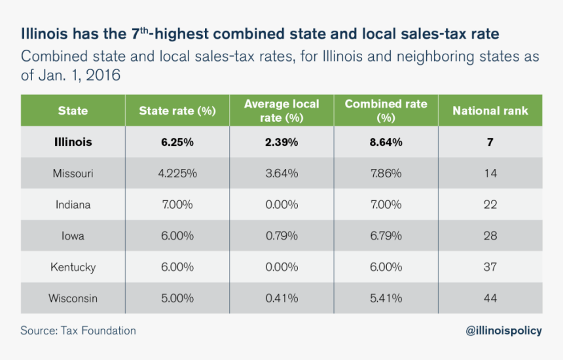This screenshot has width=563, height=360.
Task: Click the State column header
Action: tap(73, 111)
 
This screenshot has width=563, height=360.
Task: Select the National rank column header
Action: tap(490, 111)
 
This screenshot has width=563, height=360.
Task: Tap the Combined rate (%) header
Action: tap(386, 111)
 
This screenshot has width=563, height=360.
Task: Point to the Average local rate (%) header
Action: tap(281, 111)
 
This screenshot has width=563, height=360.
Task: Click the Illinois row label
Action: tap(73, 142)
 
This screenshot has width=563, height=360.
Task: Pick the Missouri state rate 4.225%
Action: tap(177, 173)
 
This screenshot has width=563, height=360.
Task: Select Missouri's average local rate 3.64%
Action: tap(281, 173)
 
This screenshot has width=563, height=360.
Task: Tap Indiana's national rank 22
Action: tap(490, 205)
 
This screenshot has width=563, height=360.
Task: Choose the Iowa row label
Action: tap(73, 236)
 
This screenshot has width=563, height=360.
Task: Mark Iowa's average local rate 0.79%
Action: tap(281, 236)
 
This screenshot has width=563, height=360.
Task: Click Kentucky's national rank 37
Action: tap(490, 267)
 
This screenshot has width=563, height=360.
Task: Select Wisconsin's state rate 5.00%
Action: tap(177, 298)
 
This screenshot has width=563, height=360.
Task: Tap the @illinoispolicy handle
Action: tap(503, 331)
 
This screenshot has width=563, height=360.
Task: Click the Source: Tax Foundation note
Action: tap(78, 331)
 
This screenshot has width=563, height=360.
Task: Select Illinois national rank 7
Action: tap(490, 142)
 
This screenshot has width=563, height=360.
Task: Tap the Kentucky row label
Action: tap(73, 267)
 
